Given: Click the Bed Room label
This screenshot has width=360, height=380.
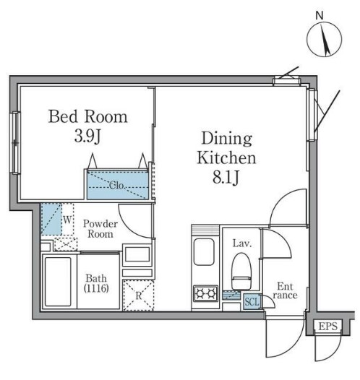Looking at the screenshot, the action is [x=87, y=116].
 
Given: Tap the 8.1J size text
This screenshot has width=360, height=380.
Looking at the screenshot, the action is [x=226, y=177].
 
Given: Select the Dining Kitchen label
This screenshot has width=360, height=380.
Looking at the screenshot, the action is [x=226, y=148].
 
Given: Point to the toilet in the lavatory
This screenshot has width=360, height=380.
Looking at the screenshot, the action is [x=241, y=271].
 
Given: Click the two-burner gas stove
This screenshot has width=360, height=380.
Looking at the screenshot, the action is [x=205, y=293].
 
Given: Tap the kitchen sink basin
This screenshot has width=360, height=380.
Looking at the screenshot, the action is [x=204, y=251].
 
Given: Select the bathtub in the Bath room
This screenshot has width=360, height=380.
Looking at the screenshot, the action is [x=58, y=281].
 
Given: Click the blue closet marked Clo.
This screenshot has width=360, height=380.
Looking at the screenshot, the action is [x=118, y=185].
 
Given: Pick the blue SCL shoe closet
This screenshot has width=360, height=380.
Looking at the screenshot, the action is [x=252, y=301].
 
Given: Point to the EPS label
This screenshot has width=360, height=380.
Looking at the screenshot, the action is [x=327, y=326].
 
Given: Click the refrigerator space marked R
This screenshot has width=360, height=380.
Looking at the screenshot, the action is [x=138, y=295].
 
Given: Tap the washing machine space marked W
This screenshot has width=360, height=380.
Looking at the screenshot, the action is [x=68, y=220].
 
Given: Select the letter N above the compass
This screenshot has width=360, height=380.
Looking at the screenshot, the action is [x=320, y=16].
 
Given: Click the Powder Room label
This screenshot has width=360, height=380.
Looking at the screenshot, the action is [x=100, y=229].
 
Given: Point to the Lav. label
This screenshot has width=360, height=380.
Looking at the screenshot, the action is [x=242, y=243].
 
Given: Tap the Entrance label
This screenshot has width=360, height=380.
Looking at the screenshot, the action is [x=285, y=290].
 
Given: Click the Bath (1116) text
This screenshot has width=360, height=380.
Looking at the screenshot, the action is [x=96, y=283].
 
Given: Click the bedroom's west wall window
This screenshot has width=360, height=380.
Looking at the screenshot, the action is [x=15, y=142].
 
